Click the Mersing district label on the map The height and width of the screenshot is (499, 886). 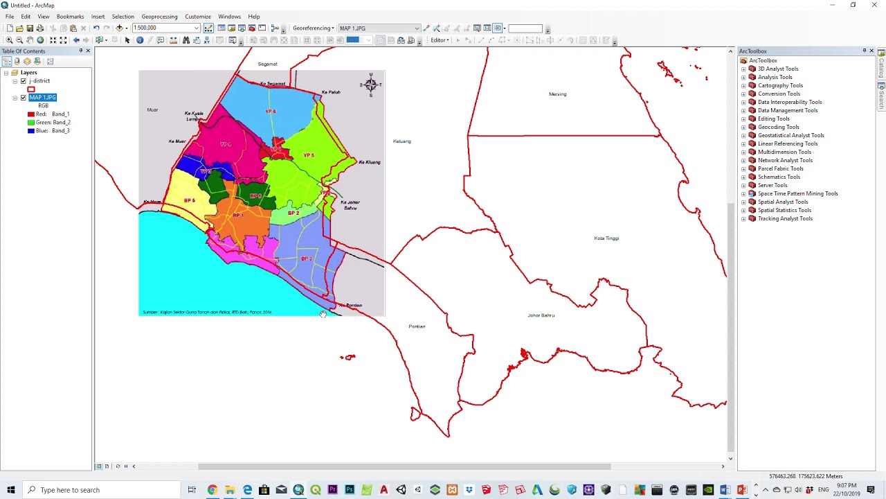tap(557, 94)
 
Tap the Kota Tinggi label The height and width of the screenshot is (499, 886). tap(606, 238)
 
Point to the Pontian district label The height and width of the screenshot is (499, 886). tap(417, 326)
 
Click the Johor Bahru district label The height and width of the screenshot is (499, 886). tap(541, 315)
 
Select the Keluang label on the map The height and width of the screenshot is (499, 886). tap(401, 141)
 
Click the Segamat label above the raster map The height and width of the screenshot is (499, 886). tap(267, 64)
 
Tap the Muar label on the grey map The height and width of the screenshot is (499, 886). tap(152, 110)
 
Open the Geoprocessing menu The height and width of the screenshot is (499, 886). tap(159, 17)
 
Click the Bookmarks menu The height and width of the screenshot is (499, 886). tap(70, 17)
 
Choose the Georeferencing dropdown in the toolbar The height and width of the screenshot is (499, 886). tap(313, 28)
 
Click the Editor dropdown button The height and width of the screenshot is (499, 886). tap(440, 40)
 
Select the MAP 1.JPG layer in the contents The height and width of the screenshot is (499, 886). tap(43, 98)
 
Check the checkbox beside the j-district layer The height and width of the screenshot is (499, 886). tap(24, 81)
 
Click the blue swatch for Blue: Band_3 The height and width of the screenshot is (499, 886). tap(31, 131)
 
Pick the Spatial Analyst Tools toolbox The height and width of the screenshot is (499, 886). tap(782, 202)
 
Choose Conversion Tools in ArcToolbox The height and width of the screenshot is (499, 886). tap(779, 94)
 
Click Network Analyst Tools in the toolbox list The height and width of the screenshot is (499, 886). tap(785, 161)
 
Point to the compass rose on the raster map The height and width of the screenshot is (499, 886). tap(371, 85)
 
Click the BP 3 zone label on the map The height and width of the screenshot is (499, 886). tap(306, 259)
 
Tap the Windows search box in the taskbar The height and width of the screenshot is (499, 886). tap(104, 490)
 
